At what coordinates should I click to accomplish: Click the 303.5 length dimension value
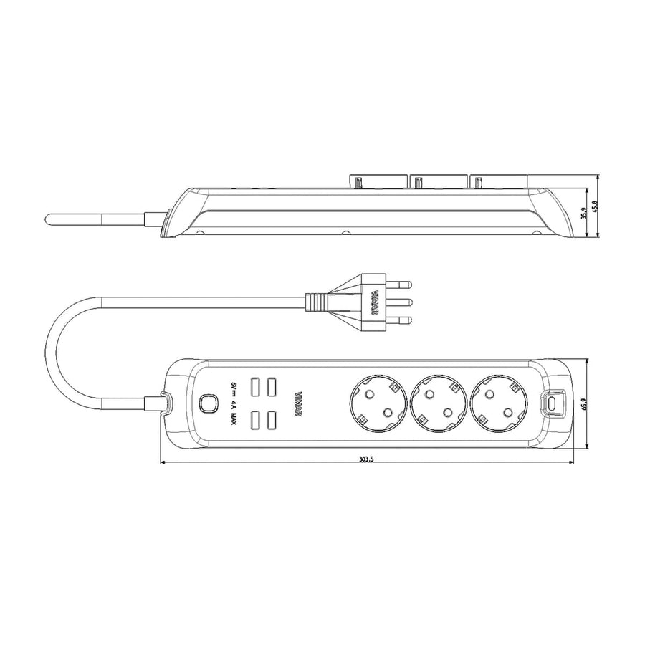click(x=365, y=459)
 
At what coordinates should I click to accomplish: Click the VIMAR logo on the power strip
click(x=298, y=403)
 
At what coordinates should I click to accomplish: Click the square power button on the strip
click(x=209, y=403)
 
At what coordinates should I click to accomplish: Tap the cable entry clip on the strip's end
click(x=163, y=403)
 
